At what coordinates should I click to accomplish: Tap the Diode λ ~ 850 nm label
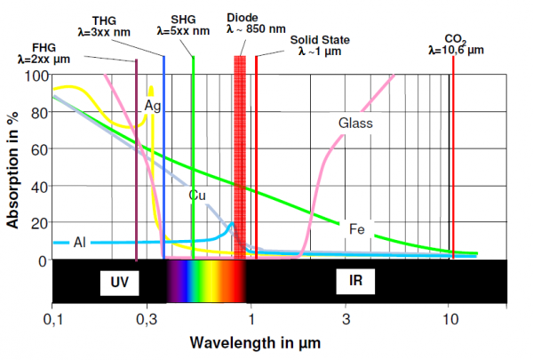click(x=244, y=22)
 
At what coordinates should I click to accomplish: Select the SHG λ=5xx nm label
click(x=184, y=24)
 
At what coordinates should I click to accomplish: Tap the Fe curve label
click(x=357, y=228)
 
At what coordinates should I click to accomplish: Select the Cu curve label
click(x=198, y=194)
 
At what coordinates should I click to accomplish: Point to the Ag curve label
click(x=152, y=106)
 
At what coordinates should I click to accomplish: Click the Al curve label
click(x=79, y=242)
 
